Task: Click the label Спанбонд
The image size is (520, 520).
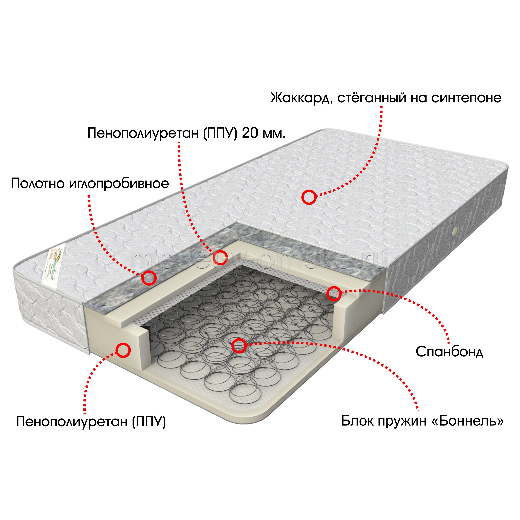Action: pos(450,352)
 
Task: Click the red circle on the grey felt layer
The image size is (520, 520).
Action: pos(149,278)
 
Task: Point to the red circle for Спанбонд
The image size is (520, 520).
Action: pos(334,293)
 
